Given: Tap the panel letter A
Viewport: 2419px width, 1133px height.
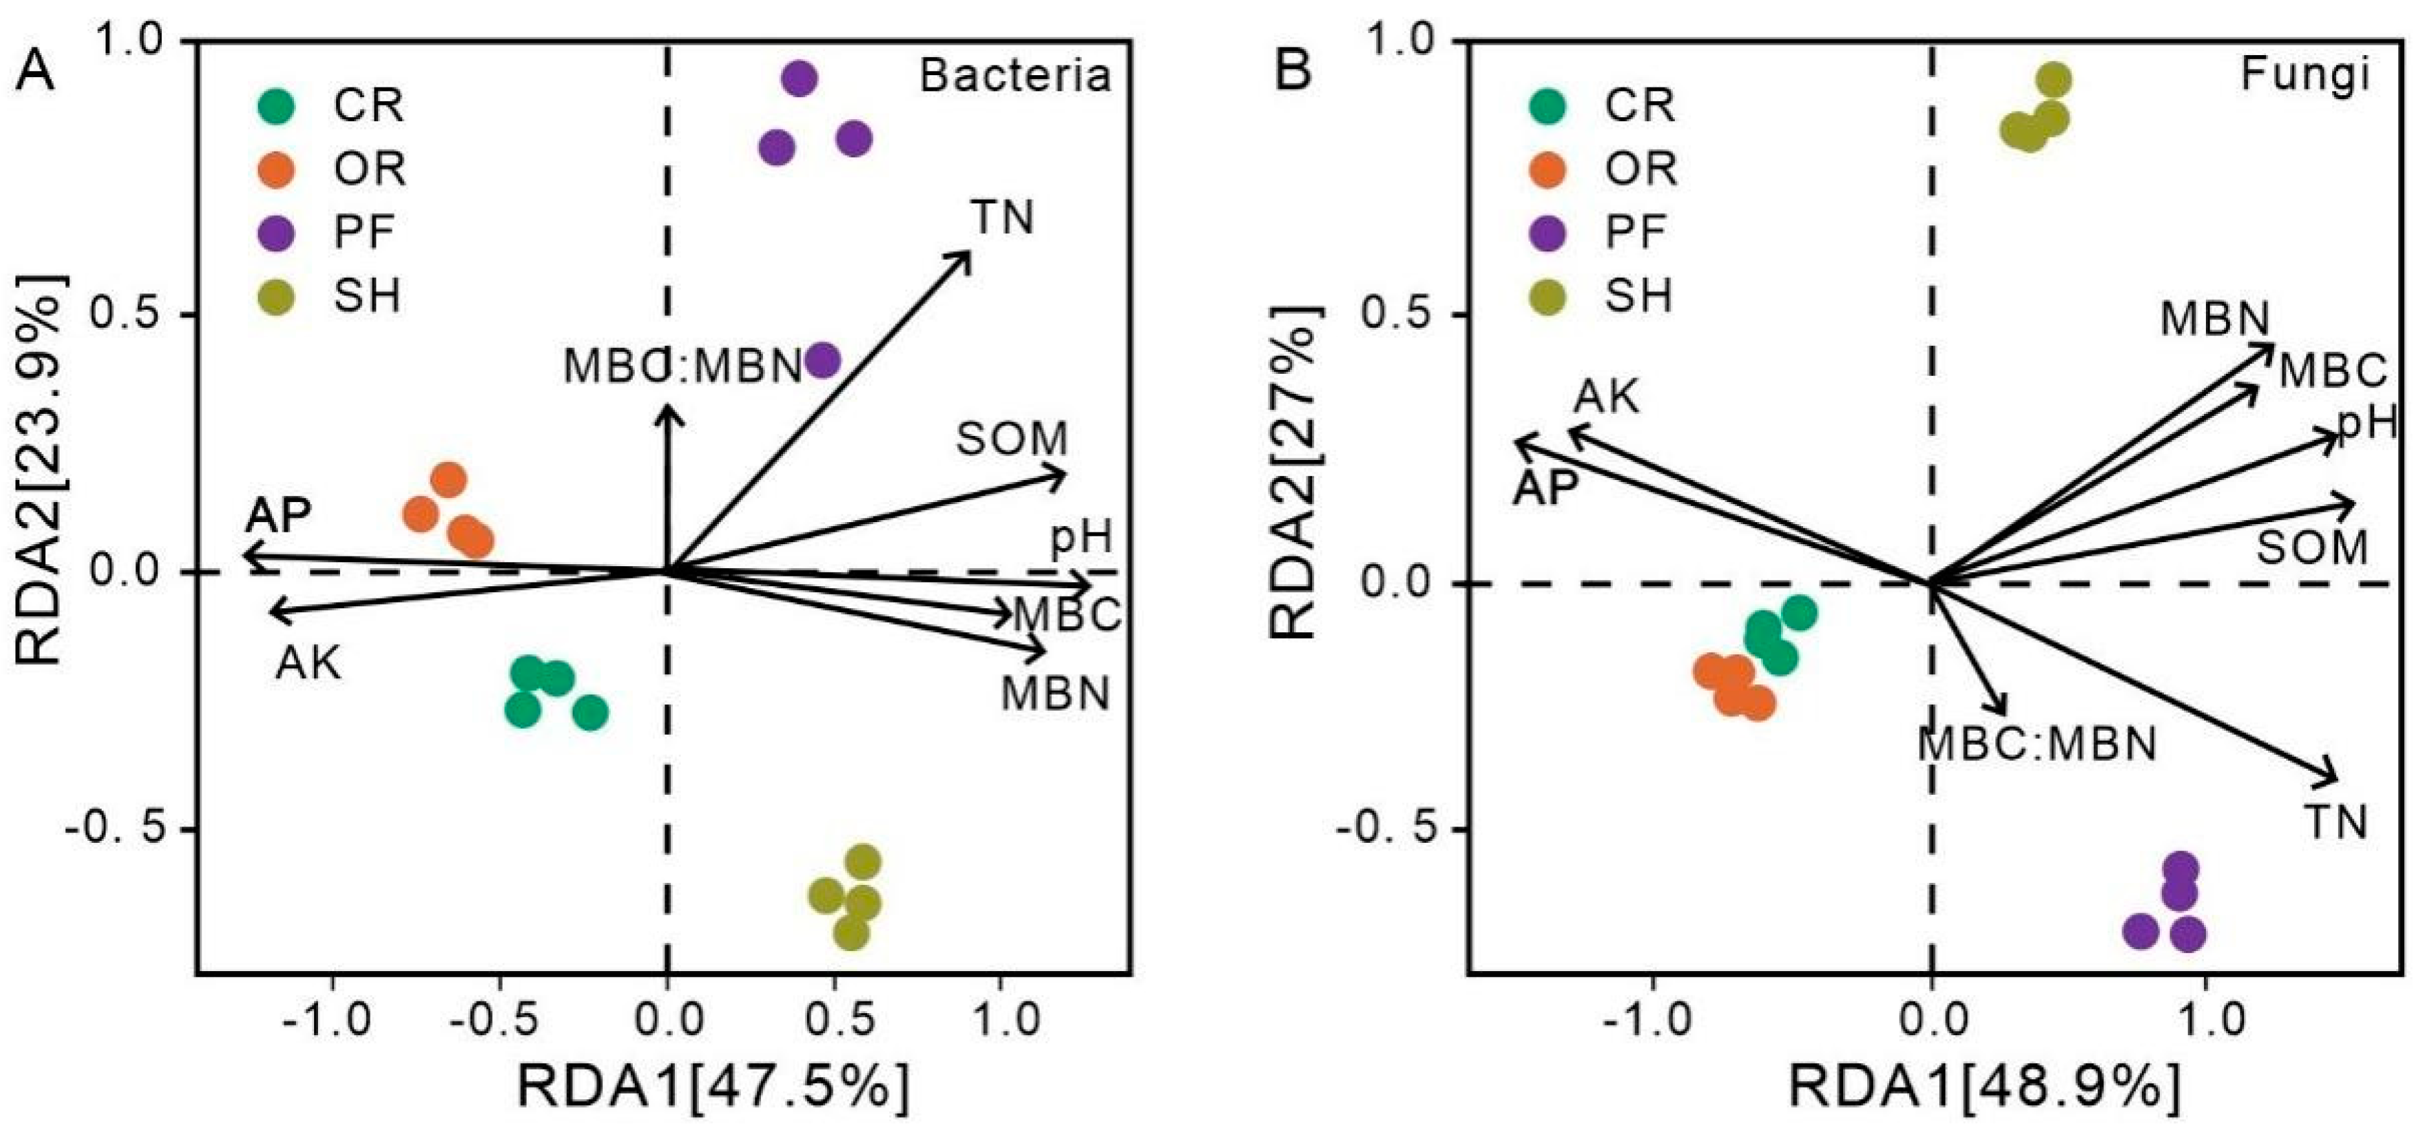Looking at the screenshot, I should (35, 71).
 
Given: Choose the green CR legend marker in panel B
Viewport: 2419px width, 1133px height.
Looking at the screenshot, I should (1547, 104).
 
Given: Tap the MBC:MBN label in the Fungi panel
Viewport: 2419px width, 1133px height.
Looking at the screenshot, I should (2036, 745).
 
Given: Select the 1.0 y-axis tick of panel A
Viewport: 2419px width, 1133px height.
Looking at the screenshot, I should (131, 41).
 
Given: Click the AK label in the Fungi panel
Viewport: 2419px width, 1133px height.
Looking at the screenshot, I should (1607, 397).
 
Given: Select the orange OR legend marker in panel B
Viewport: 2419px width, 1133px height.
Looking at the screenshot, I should (1547, 169).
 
